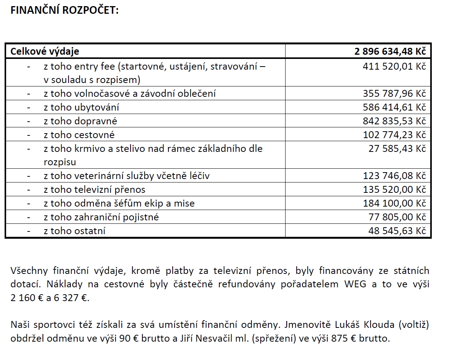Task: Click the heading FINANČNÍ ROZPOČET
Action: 65,10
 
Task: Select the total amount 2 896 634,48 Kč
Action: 390,51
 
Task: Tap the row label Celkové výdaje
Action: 45,51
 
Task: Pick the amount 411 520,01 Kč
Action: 394,67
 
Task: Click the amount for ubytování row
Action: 394,108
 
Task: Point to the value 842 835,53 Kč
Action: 394,121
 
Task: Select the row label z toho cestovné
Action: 79,135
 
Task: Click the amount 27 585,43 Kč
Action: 397,148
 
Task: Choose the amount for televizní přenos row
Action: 394,190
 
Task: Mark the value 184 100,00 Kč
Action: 394,204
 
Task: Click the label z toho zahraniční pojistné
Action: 101,217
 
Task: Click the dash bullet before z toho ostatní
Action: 29,231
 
